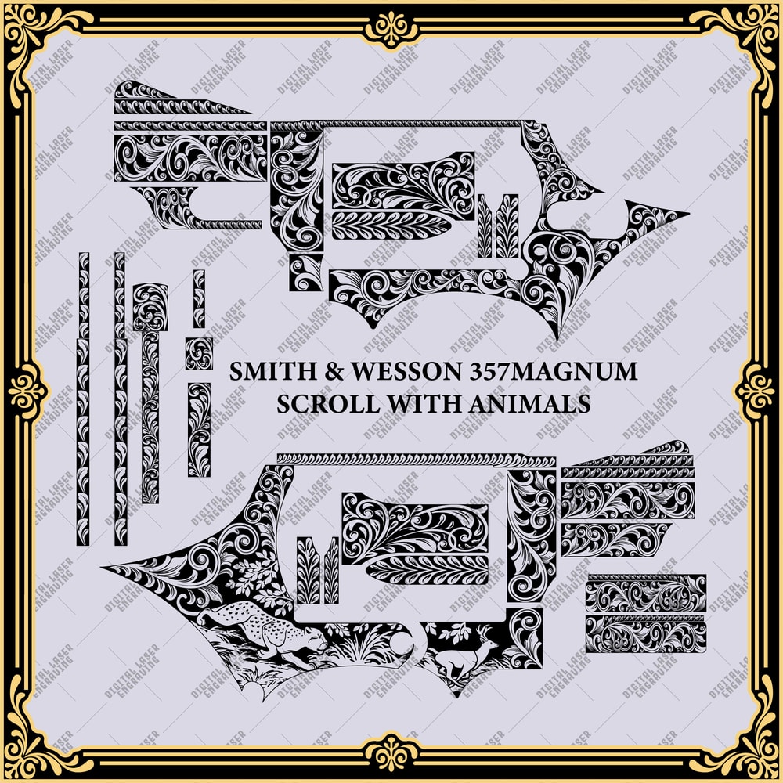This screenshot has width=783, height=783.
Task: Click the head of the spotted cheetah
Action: pyautogui.click(x=313, y=640)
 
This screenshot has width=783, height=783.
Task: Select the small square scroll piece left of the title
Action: pyautogui.click(x=199, y=354)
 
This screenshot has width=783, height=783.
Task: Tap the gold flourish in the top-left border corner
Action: pyautogui.click(x=39, y=39)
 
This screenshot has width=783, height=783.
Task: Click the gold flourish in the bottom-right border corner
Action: pyautogui.click(x=744, y=744)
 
